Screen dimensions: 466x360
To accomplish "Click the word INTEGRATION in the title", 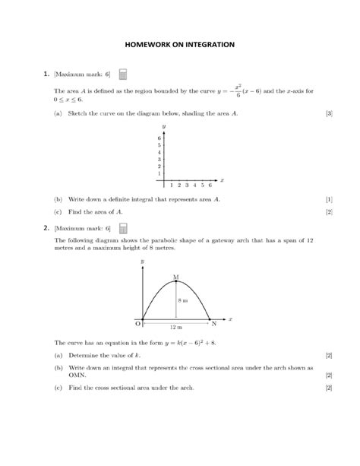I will [207, 44].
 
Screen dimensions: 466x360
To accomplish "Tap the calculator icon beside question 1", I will [124, 74].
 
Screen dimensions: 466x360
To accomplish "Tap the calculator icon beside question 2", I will [124, 227].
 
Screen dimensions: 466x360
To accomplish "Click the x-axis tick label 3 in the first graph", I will [186, 185].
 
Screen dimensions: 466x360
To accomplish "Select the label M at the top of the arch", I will [176, 277].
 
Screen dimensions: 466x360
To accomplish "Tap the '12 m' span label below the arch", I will [175, 327].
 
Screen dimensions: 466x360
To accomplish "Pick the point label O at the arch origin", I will [137, 324].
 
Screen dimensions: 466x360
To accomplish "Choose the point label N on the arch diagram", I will [214, 324].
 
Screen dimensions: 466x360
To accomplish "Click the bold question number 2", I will [46, 227].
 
